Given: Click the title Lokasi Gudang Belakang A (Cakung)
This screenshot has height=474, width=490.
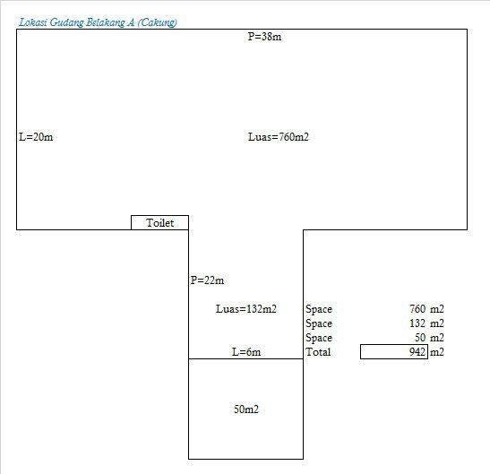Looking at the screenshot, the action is [x=98, y=22].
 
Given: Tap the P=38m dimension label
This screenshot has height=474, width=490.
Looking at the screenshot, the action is [x=264, y=37].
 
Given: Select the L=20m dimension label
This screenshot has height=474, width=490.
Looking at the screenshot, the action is [x=36, y=137].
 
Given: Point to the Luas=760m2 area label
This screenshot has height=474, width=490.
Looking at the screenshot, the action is [x=278, y=137].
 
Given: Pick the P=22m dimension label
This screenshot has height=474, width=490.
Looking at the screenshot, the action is [x=207, y=280].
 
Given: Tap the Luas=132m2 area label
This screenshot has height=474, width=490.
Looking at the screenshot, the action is [x=246, y=309].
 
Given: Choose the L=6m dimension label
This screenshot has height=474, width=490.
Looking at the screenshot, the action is [x=246, y=352].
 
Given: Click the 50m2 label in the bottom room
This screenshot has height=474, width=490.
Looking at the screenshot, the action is [x=246, y=409].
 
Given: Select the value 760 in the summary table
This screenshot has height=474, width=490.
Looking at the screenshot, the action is [x=417, y=309].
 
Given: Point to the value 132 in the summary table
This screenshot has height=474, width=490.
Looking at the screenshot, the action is [x=417, y=323].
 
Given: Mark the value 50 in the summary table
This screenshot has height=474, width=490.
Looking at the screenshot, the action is [x=420, y=338].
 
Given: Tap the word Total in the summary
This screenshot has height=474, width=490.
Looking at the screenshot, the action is [x=318, y=352].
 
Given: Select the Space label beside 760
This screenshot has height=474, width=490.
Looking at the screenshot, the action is [x=319, y=309].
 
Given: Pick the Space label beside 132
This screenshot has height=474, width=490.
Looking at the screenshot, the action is [x=319, y=323].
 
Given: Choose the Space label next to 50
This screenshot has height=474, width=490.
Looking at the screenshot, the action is [x=319, y=338].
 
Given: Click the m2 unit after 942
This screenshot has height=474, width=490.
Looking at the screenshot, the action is [x=437, y=352].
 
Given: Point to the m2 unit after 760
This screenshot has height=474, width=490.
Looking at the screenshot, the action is [x=437, y=309].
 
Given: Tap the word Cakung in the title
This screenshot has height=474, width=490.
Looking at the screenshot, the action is [x=157, y=22].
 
